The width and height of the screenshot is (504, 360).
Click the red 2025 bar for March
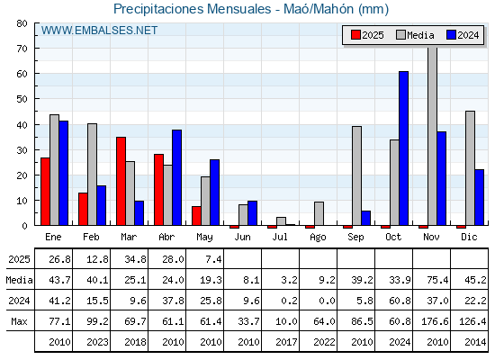[x=121, y=181]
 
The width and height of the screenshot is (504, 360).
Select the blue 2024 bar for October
[x=404, y=148]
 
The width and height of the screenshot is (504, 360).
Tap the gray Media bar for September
[x=356, y=175]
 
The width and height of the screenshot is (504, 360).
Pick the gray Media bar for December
[x=470, y=168]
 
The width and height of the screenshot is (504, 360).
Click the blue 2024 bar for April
[x=176, y=178]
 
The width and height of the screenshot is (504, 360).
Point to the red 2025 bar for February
[x=83, y=209]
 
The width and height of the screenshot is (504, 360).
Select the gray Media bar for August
[x=319, y=214]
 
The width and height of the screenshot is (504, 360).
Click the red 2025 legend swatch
[x=355, y=35]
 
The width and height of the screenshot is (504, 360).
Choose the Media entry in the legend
[x=415, y=35]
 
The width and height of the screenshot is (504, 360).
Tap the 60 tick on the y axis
[x=22, y=74]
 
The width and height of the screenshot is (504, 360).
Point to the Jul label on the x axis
[x=280, y=237]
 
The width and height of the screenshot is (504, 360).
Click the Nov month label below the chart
[x=431, y=237]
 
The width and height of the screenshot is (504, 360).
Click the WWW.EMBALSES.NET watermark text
[x=99, y=31]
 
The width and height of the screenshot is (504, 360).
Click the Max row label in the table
[x=19, y=321]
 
